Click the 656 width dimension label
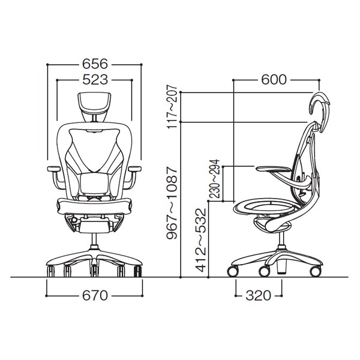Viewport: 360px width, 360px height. click(95, 64)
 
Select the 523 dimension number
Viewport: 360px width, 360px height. click(95, 80)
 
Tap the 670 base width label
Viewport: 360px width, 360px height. click(95, 295)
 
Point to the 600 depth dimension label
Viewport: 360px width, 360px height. click(274, 80)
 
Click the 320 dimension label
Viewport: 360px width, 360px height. click(258, 295)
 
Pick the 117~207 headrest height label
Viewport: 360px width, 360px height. click(172, 107)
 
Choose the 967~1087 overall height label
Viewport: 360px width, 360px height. click(172, 203)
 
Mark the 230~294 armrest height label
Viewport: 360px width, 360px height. click(215, 179)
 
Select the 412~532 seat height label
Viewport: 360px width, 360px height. click(200, 240)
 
